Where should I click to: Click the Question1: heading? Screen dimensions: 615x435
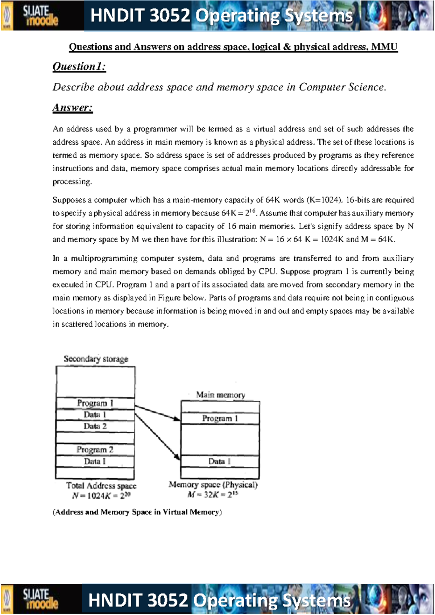click(79, 67)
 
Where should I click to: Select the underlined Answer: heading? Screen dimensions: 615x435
click(72, 108)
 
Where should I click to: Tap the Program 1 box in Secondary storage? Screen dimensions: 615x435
click(95, 403)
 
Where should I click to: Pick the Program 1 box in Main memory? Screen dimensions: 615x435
click(220, 418)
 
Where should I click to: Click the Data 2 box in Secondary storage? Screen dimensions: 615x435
click(95, 426)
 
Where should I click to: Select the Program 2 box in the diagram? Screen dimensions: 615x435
click(95, 450)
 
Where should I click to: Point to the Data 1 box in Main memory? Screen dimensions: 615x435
click(220, 461)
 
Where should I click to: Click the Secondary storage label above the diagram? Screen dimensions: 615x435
click(96, 359)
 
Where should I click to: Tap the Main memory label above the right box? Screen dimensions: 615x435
click(220, 395)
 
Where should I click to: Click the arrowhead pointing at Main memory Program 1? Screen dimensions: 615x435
click(177, 419)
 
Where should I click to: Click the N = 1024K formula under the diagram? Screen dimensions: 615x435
click(101, 496)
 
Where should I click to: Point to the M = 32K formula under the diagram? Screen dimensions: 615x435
click(213, 495)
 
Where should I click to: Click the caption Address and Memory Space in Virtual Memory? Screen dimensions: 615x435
click(137, 512)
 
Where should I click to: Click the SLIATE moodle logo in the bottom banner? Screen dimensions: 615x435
click(40, 599)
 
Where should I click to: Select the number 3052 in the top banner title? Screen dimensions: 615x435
click(170, 16)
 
